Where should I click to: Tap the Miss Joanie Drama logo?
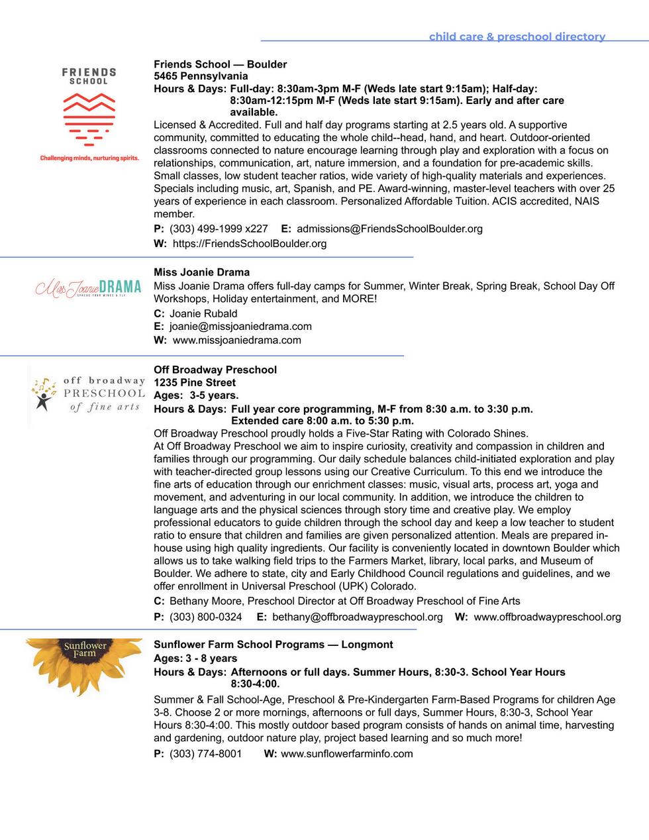[88, 288]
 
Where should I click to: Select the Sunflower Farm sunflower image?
[84, 666]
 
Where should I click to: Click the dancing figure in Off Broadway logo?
[44, 395]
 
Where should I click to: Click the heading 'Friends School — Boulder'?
[220, 64]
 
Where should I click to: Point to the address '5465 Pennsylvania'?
[201, 76]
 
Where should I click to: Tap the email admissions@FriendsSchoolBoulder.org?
[389, 229]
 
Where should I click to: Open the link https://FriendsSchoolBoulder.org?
[250, 243]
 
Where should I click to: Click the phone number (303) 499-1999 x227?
[219, 229]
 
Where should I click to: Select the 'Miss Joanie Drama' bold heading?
[201, 272]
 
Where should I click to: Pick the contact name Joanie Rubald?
[203, 313]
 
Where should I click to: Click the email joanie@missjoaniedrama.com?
[240, 326]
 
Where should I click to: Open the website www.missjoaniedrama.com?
[236, 340]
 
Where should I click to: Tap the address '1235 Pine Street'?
[195, 382]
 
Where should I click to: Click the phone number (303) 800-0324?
[205, 617]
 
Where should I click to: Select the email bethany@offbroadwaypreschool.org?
[357, 617]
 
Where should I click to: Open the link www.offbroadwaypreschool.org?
[547, 617]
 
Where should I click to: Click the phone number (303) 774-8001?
[205, 753]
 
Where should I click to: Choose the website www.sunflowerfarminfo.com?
[346, 753]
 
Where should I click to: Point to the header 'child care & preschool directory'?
[517, 36]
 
